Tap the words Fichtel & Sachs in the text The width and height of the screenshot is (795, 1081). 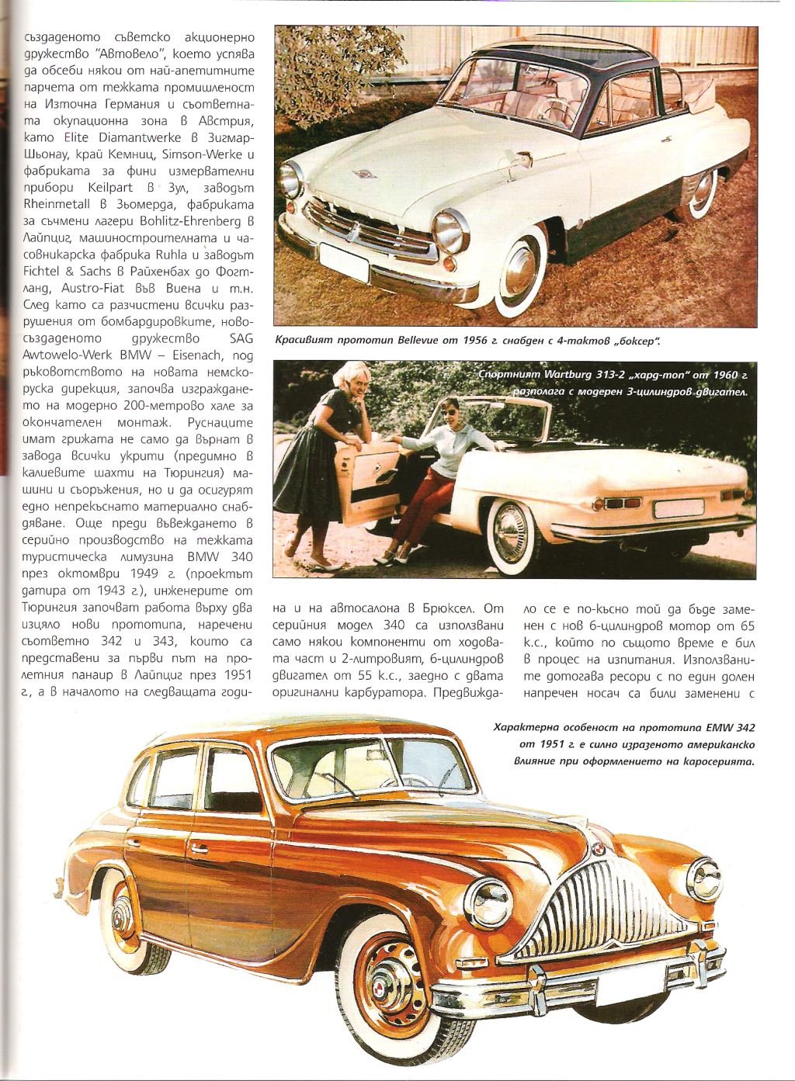pos(63,270)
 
